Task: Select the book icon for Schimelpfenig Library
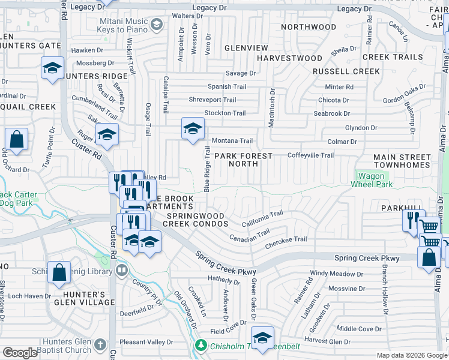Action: pos(122,271)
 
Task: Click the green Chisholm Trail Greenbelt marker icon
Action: pos(200,346)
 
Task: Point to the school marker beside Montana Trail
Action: pos(193,129)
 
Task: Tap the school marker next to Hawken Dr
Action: pos(52,68)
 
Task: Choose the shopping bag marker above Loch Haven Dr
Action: pos(59,273)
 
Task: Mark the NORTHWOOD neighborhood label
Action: pos(309,27)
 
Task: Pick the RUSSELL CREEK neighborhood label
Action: pos(346,71)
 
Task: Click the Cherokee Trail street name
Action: pos(286,239)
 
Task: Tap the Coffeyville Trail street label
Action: pos(310,155)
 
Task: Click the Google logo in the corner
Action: pos(20,353)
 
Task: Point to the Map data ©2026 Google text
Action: pos(411,355)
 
